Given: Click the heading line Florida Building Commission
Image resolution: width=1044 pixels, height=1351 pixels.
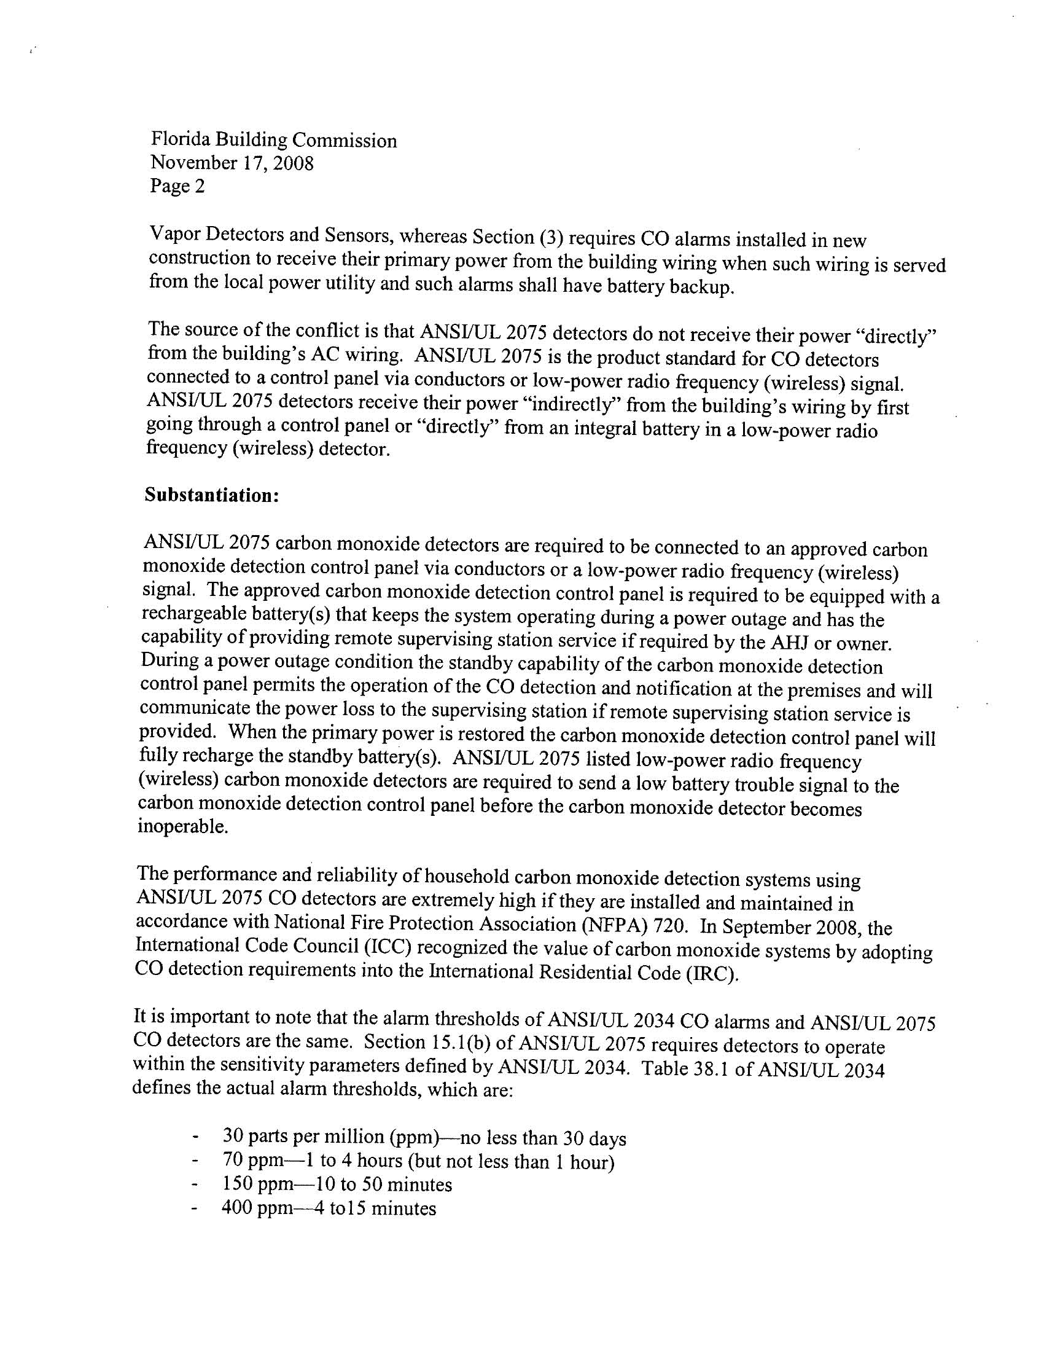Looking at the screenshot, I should coord(273,141).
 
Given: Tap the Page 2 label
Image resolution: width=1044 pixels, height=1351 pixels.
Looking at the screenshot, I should coord(177,186).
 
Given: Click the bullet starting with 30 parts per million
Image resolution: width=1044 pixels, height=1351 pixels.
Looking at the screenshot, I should coord(424,1138).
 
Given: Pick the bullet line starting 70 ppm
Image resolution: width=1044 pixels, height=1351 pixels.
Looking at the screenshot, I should coord(418,1161).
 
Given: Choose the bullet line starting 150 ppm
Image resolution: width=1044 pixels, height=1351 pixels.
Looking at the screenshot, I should coord(337,1184).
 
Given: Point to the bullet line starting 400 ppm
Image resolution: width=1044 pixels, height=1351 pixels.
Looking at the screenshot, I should coord(329,1207).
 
